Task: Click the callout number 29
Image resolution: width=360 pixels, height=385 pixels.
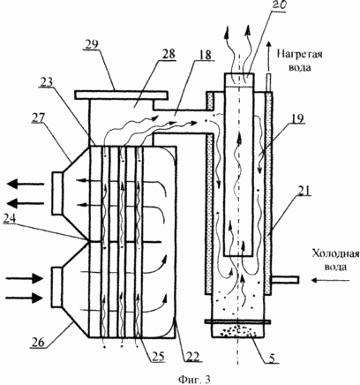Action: click(91, 45)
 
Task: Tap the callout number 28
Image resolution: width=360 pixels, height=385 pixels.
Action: click(168, 54)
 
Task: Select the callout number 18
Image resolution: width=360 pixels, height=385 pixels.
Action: click(205, 55)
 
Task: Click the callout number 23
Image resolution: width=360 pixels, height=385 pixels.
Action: click(47, 83)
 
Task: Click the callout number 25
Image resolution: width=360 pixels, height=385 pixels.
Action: click(157, 356)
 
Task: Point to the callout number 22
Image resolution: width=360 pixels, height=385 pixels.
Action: click(191, 356)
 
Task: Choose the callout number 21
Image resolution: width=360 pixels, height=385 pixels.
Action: click(303, 192)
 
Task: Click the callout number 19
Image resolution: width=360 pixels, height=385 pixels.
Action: click(297, 118)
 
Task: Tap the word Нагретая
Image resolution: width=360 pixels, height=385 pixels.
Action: click(300, 55)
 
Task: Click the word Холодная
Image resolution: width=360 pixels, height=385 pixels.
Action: click(335, 254)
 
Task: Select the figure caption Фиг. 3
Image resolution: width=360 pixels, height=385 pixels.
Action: click(194, 379)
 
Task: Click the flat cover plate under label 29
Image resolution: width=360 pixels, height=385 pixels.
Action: click(121, 94)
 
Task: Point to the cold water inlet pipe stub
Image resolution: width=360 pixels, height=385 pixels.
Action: click(286, 279)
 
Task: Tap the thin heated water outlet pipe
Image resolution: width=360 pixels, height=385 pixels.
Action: click(268, 82)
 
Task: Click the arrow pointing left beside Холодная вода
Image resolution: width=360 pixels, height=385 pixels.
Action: click(331, 281)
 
